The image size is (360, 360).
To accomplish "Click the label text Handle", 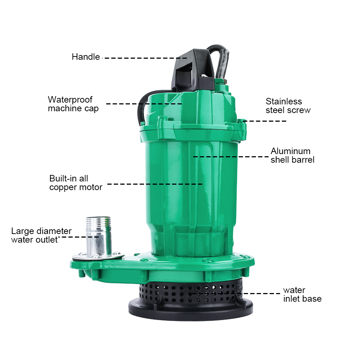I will coord(86,57).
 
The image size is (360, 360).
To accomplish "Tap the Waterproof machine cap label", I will coord(73,104).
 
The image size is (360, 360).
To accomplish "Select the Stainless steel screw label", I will coord(288,105).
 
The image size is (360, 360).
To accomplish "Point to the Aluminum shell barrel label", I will coord(292,155).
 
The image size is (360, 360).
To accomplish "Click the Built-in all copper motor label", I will coord(76,183).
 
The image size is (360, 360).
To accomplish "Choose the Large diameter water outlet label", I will coord(41,235).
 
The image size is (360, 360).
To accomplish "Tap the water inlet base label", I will coord(302,294).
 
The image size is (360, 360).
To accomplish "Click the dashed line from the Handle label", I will coord(144,58).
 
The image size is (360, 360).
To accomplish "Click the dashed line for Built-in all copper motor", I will coord(155,184).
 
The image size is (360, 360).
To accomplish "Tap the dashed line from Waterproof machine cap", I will coord(144,104).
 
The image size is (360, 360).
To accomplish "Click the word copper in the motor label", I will coord(62,188).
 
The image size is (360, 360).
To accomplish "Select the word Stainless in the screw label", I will coord(284,102).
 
